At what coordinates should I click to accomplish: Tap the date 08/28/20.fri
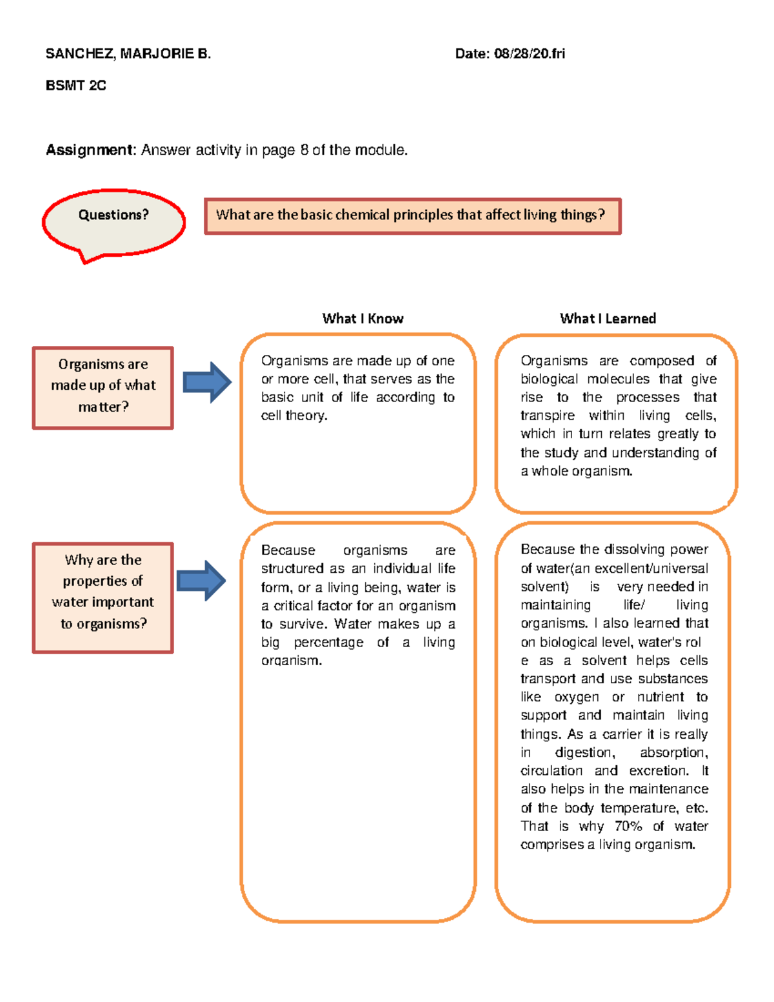529,54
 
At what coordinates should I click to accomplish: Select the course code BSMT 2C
75,85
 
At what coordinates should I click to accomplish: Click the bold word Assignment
89,150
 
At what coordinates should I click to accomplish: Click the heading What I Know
362,318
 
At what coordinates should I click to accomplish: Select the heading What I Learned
608,318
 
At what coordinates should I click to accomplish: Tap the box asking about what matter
103,388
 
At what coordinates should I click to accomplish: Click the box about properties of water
103,597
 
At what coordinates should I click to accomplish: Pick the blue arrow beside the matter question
206,383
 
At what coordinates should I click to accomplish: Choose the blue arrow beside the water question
201,580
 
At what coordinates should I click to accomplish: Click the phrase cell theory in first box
293,416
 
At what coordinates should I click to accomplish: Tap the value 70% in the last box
628,826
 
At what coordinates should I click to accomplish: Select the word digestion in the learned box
584,752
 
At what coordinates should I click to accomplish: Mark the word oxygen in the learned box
576,697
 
